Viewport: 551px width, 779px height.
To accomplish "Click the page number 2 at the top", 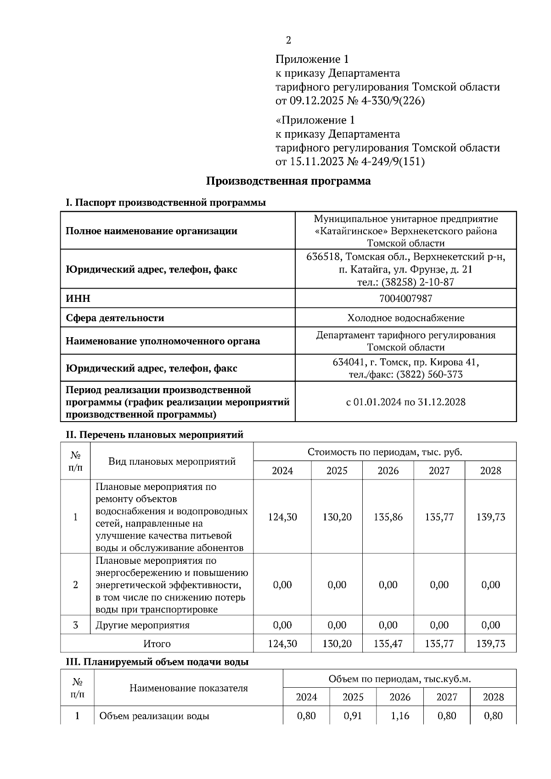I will (288, 40).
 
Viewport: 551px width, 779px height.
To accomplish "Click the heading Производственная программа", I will (288, 181).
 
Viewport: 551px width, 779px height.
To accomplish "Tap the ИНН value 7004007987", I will (405, 299).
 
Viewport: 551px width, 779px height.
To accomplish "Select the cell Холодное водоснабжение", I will (405, 318).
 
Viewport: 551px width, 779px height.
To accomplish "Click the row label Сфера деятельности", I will (115, 318).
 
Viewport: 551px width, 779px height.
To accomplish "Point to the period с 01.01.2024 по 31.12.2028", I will (405, 402).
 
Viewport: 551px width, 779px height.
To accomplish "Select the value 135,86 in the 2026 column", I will (388, 517).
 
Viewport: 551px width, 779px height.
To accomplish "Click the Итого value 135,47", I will (388, 644).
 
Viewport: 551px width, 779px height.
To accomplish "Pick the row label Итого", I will (157, 644).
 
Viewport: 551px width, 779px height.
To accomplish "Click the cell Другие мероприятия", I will (142, 625).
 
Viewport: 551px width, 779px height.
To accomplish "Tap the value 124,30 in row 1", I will (282, 517).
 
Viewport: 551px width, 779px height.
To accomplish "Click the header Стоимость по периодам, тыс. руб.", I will (385, 452).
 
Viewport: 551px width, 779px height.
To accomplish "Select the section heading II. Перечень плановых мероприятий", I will (155, 434).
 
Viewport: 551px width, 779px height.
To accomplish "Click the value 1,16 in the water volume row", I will (399, 716).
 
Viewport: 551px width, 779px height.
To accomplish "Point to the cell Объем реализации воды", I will (154, 716).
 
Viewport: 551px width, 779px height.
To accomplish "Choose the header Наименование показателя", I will (188, 688).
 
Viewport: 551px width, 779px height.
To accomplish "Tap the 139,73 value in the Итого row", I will (490, 644).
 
